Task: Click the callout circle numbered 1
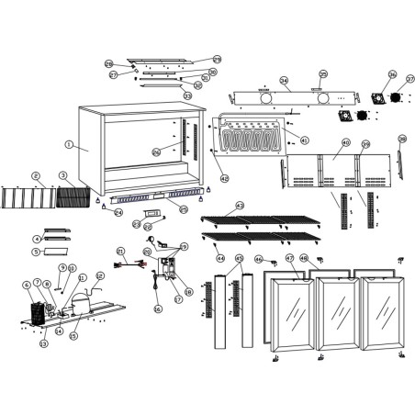point(69,144)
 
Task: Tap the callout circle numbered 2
point(36,175)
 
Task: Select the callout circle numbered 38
point(402,140)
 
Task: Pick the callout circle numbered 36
point(392,75)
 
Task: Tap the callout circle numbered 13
point(42,344)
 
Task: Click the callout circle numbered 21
point(120,251)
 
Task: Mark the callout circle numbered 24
point(118,212)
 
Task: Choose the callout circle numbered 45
point(239,259)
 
